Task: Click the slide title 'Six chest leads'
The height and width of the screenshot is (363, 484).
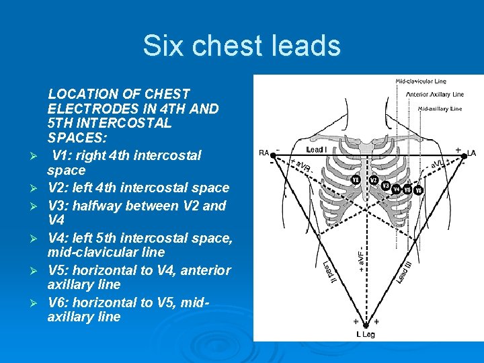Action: (241, 46)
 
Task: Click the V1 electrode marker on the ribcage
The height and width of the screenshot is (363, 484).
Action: (356, 179)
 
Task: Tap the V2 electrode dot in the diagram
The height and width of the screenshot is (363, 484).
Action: (373, 179)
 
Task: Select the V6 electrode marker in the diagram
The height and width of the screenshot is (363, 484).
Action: (419, 190)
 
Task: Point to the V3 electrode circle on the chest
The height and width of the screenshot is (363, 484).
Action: (385, 185)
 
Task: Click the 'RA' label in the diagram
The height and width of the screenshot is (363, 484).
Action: (264, 153)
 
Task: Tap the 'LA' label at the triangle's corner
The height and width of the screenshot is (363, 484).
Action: (471, 153)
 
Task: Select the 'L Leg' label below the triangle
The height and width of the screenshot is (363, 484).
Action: (366, 334)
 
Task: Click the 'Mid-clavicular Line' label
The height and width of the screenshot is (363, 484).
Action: (420, 82)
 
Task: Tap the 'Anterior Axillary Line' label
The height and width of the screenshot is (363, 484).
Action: (434, 94)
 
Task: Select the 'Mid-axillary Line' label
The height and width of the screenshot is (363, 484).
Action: (440, 108)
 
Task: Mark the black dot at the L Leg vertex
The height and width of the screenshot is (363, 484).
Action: (366, 324)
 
